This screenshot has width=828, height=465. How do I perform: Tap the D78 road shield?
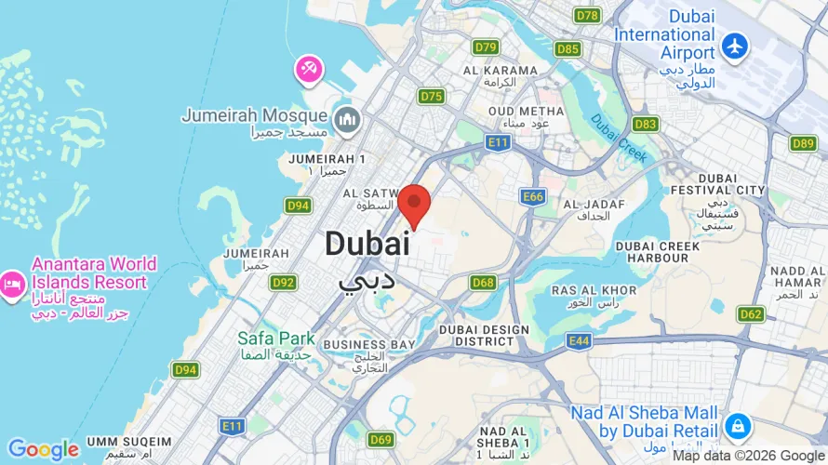point(587,16)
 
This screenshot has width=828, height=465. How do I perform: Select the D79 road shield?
point(485,46)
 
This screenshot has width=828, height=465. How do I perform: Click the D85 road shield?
point(568,48)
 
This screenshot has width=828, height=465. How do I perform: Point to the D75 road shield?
point(431,96)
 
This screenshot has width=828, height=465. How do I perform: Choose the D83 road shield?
point(645,124)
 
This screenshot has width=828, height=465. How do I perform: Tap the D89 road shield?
point(803,142)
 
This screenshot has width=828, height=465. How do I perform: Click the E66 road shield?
point(533,196)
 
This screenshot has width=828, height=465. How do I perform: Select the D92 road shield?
point(284,282)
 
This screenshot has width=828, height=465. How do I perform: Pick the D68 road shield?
point(483,282)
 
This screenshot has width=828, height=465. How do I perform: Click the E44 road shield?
point(579,341)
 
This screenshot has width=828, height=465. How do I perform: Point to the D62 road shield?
point(751,314)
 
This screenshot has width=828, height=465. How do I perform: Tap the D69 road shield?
point(381,439)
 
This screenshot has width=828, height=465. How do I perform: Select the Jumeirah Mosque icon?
point(347,118)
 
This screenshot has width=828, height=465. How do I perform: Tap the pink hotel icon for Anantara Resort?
point(12,283)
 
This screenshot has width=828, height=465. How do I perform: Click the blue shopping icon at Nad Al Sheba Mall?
point(737,426)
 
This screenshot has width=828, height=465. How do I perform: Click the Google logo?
point(43,450)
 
